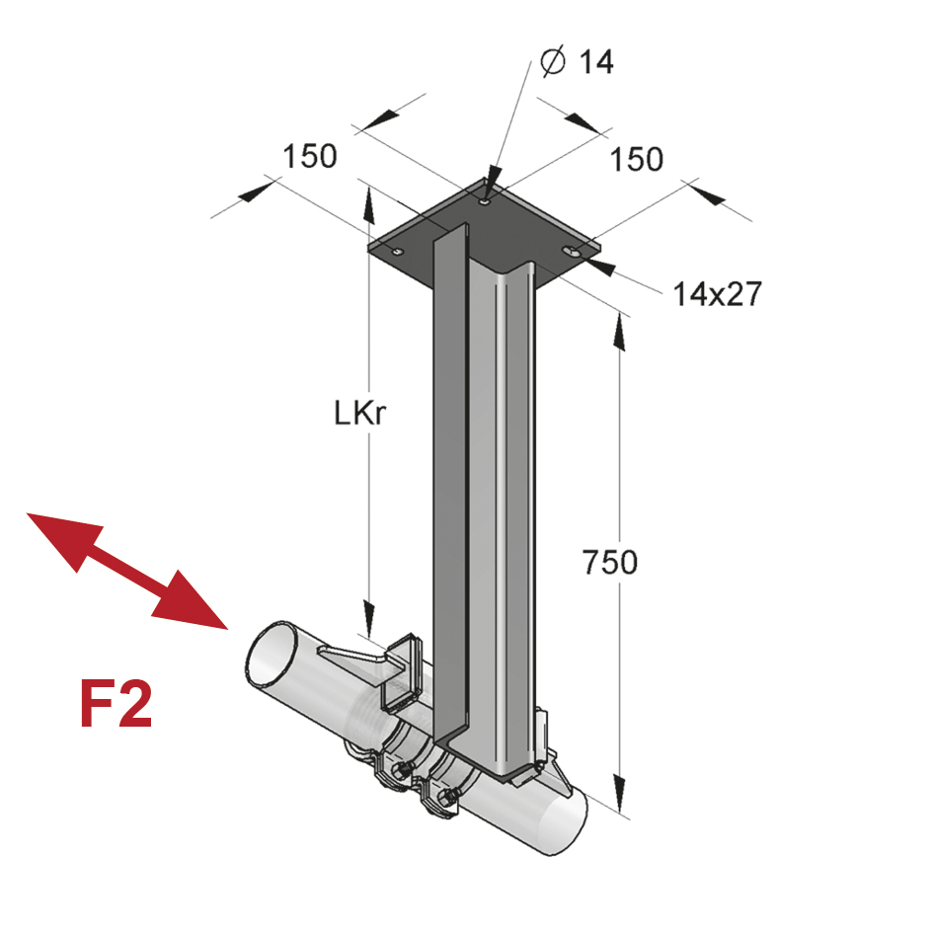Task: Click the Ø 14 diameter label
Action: coord(578,62)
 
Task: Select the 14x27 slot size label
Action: coord(717,293)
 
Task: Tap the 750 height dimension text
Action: coord(609,563)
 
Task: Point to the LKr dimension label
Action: coord(357,415)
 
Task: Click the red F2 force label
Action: coord(116,704)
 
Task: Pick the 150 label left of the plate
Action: coord(310,157)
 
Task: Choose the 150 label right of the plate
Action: coord(636,159)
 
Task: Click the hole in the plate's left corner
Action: coord(397,253)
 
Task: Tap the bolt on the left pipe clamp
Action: coord(399,771)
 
